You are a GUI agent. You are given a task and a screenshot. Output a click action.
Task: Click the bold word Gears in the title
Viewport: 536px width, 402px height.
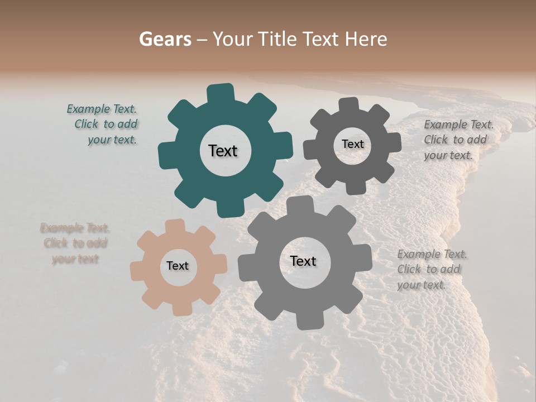pyautogui.click(x=164, y=39)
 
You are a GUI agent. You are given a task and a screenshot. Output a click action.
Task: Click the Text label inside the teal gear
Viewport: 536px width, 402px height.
pyautogui.click(x=223, y=151)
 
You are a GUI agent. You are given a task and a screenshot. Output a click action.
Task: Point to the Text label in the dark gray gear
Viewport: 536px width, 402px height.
pyautogui.click(x=352, y=144)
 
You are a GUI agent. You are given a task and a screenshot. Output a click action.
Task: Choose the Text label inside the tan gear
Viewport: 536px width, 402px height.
pyautogui.click(x=178, y=266)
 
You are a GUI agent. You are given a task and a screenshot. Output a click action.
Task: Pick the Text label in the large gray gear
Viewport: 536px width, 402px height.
pyautogui.click(x=303, y=261)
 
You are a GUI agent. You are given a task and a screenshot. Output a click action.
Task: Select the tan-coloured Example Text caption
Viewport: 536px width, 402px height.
pyautogui.click(x=75, y=243)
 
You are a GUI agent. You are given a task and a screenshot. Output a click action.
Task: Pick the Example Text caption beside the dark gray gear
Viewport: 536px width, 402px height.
pyautogui.click(x=458, y=140)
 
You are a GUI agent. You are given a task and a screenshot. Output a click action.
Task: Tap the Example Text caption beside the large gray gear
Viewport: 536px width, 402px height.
pyautogui.click(x=431, y=269)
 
